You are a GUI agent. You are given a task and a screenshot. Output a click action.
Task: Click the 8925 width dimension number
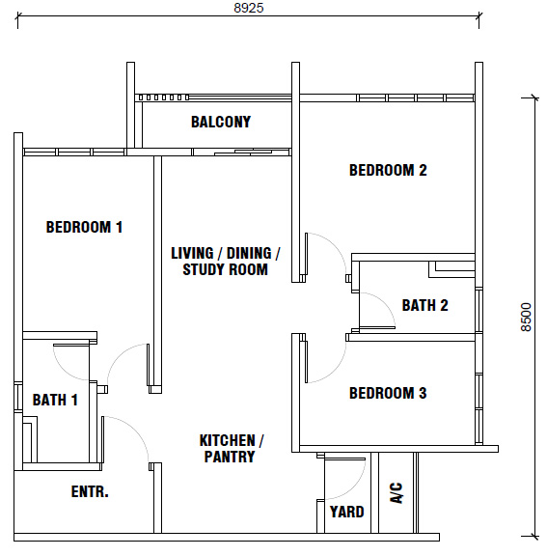coord(249,8)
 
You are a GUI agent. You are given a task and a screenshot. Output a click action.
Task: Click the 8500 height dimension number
coord(526,317)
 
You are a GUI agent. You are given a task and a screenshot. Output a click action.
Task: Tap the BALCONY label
coord(221,122)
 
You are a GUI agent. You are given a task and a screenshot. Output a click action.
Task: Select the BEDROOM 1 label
coord(84,227)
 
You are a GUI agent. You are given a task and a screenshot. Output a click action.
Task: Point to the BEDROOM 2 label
coord(388,170)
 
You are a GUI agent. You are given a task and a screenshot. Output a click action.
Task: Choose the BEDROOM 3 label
coord(388,393)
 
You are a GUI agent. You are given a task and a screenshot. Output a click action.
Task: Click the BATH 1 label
coord(55,400)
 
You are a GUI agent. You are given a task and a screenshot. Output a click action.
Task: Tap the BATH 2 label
coord(424,305)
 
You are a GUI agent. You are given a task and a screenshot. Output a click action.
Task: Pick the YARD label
coord(347,512)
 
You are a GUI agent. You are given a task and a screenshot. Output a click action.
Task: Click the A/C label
coord(397,492)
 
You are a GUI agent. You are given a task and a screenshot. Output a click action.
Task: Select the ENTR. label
coord(90,491)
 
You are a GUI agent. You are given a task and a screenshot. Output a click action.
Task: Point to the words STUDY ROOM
coord(225,269)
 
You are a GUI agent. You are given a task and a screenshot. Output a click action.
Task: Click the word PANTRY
coord(230,457)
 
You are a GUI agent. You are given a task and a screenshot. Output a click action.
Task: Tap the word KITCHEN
coord(227,440)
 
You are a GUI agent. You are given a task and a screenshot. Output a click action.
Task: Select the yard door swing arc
coord(357,488)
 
